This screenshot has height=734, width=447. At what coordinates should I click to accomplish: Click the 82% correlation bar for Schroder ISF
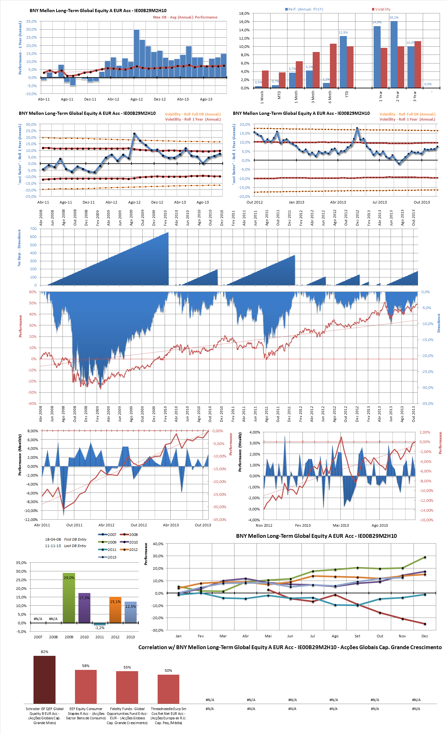[x=44, y=679]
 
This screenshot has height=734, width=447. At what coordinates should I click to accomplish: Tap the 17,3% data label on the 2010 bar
[x=85, y=598]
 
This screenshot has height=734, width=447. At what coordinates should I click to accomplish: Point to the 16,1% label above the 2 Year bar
[x=394, y=18]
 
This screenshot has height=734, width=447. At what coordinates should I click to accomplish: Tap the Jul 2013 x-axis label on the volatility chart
[x=379, y=202]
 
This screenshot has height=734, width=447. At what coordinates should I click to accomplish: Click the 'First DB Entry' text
[x=75, y=539]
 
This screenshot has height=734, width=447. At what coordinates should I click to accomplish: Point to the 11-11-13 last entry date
[x=53, y=546]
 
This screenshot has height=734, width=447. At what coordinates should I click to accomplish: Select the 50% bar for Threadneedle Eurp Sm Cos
[x=168, y=689]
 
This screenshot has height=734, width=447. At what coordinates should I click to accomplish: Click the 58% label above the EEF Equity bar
[x=86, y=666]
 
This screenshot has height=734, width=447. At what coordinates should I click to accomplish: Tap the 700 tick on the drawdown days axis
[x=33, y=229]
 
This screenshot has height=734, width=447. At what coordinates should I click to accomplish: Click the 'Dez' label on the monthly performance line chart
[x=424, y=636]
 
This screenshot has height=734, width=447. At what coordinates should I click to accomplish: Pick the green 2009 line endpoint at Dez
[x=425, y=557]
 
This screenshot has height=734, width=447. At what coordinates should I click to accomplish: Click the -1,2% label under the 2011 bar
[x=100, y=628]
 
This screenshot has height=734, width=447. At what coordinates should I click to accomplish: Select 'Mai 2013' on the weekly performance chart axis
[x=341, y=525]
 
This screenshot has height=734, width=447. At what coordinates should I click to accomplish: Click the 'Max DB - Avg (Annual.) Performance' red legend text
[x=185, y=17]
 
